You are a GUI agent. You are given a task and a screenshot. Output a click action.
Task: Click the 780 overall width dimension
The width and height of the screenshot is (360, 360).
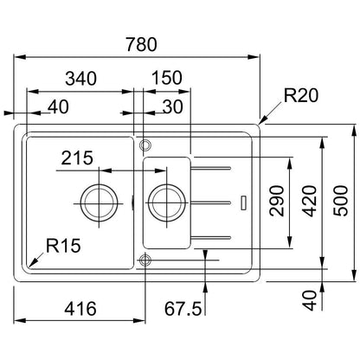pyautogui.click(x=142, y=44)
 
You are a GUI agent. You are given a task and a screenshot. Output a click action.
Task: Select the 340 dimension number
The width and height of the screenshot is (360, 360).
pyautogui.click(x=80, y=79)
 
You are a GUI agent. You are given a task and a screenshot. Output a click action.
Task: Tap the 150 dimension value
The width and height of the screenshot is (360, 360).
pyautogui.click(x=167, y=78)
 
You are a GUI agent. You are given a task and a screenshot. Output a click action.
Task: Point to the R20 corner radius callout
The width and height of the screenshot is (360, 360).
pyautogui.click(x=301, y=95)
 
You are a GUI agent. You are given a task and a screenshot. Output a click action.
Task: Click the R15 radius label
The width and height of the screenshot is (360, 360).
pyautogui.click(x=63, y=246)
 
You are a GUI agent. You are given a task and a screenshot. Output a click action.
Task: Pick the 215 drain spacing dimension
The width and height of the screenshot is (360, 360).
pyautogui.click(x=77, y=157)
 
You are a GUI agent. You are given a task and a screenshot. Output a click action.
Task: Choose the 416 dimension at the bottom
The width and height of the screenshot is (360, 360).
pyautogui.click(x=80, y=309)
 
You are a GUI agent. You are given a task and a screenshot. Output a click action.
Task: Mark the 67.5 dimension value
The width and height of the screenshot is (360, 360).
pyautogui.click(x=183, y=309)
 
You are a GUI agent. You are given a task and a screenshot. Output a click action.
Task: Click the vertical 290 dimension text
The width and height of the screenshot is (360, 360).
pyautogui.click(x=277, y=201)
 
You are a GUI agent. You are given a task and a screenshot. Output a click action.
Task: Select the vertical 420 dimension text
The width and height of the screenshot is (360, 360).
pyautogui.click(x=309, y=201)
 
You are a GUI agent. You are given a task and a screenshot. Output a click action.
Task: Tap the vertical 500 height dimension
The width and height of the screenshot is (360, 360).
pyautogui.click(x=341, y=201)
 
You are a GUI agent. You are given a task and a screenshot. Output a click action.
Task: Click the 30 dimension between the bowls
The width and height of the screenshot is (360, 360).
pyautogui.click(x=173, y=106)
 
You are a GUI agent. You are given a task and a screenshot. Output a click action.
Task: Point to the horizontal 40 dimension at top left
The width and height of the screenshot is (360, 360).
pyautogui.click(x=58, y=106)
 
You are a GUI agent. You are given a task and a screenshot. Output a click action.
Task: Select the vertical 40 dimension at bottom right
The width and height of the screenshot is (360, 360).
pyautogui.click(x=309, y=300)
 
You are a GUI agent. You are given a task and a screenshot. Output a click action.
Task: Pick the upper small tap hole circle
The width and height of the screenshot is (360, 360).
pyautogui.click(x=145, y=140)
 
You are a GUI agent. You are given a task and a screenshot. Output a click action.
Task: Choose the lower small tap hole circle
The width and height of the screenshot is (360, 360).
pyautogui.click(x=145, y=254)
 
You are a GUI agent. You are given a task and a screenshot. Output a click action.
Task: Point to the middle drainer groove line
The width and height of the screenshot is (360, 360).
pyautogui.click(x=210, y=202)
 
